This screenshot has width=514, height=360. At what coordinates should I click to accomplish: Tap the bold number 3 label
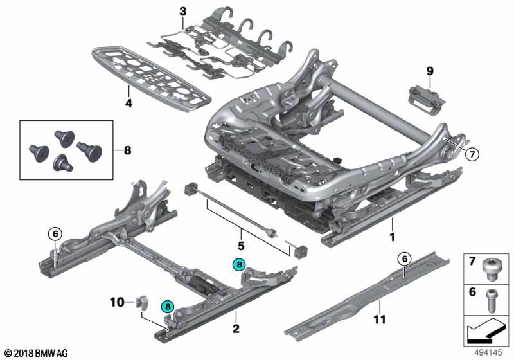[x=182, y=11]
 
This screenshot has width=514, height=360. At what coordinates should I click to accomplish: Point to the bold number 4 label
[x=128, y=102]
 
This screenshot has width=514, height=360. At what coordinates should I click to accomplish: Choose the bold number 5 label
[x=242, y=245]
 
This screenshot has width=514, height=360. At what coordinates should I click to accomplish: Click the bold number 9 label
[x=430, y=70]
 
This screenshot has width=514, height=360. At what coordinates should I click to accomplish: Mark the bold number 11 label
[x=380, y=319]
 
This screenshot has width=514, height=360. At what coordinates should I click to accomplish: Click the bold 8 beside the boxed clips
[x=127, y=151]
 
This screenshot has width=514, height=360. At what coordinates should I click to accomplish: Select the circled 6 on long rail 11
[x=403, y=259]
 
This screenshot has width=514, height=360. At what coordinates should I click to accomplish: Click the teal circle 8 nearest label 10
[x=168, y=307]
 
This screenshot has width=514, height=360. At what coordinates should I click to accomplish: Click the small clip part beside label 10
[x=142, y=301]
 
